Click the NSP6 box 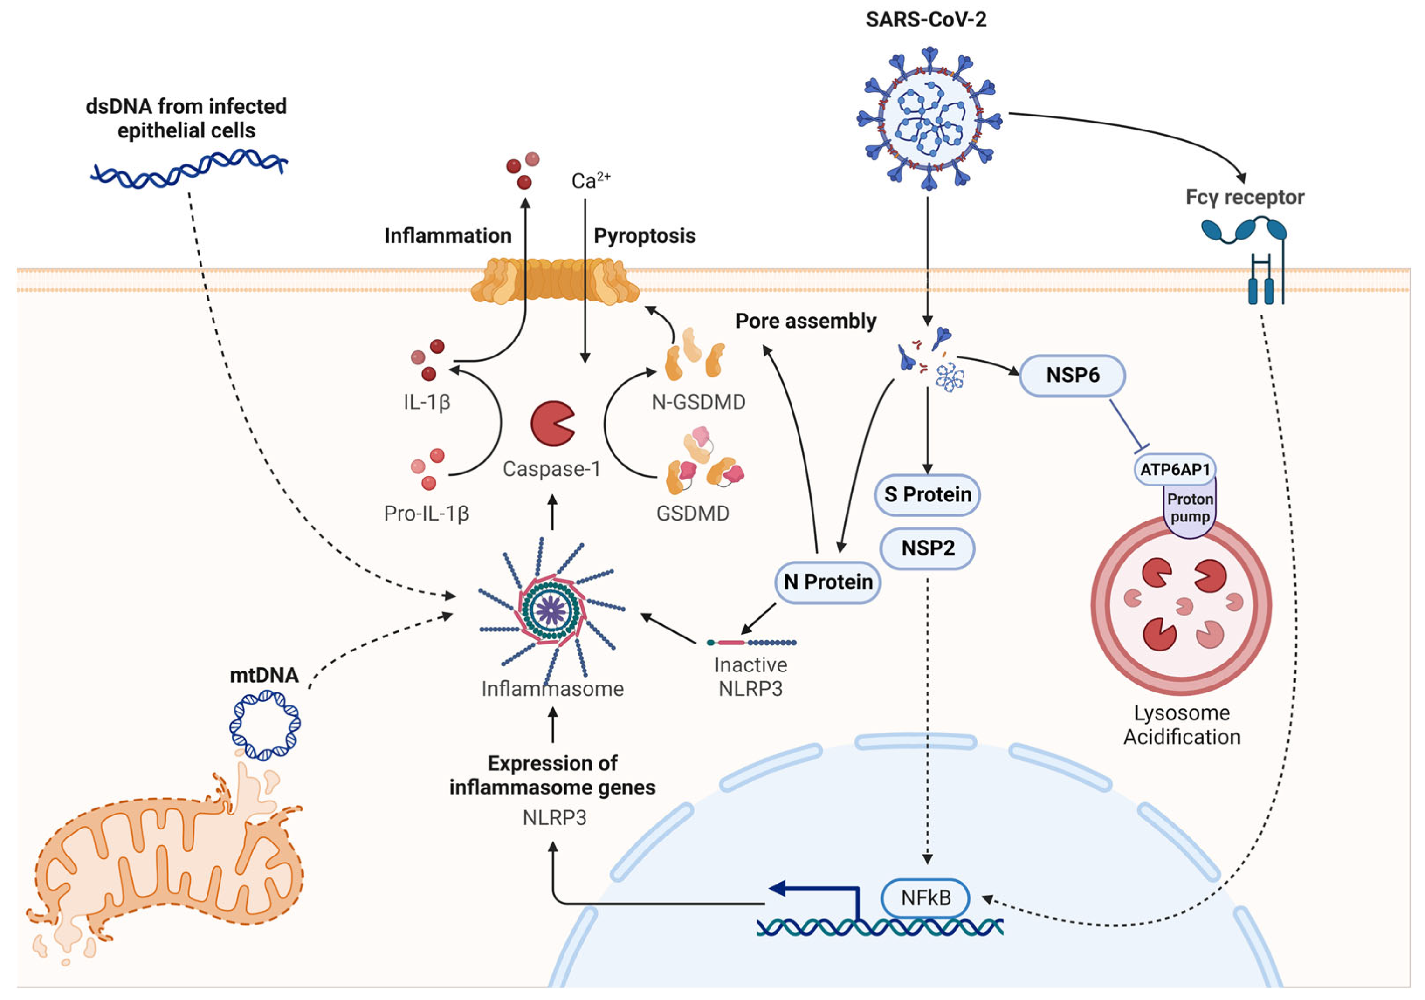(1072, 375)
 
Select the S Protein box (927, 494)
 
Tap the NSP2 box (927, 548)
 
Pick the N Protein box (827, 582)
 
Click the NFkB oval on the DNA (925, 897)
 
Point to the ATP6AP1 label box (1174, 469)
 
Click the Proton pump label (1189, 507)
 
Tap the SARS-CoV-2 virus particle (929, 118)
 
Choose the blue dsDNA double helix (189, 167)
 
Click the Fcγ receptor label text (1245, 197)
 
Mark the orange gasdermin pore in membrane (554, 282)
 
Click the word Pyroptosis (644, 236)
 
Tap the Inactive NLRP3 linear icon (751, 643)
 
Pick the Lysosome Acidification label (1181, 725)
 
